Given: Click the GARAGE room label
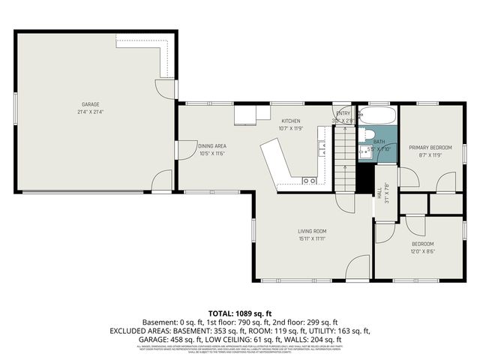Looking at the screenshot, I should [x=91, y=104].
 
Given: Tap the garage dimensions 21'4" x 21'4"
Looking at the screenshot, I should [x=91, y=112].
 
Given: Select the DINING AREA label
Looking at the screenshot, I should [x=212, y=145].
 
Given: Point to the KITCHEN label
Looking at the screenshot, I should [x=291, y=121].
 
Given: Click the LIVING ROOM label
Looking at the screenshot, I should [x=312, y=231].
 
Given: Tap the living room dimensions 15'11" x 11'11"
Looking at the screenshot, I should [x=312, y=239].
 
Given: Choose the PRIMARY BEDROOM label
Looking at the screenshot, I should [x=430, y=148].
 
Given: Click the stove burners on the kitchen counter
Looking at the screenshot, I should [x=308, y=181].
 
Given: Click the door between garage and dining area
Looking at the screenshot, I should [x=178, y=150].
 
